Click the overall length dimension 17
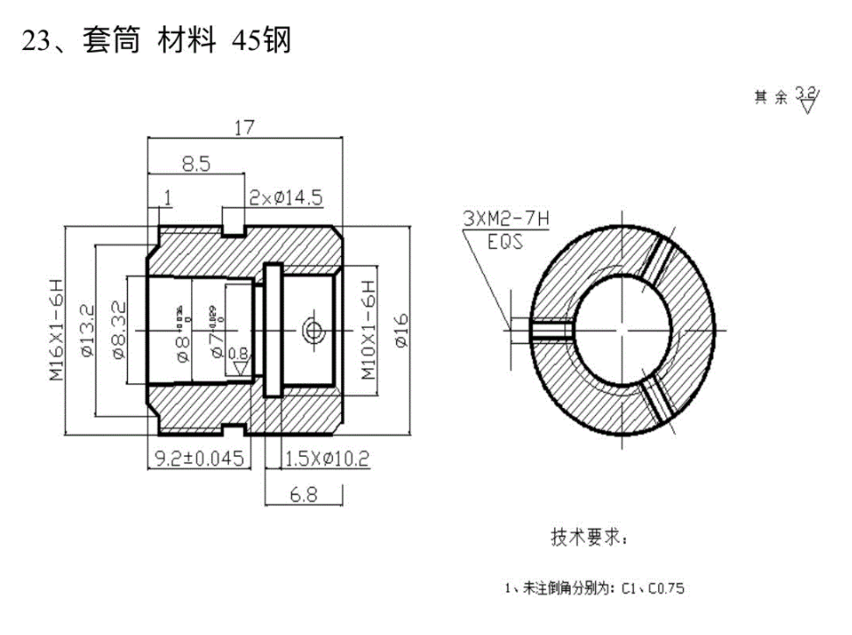tap(244, 128)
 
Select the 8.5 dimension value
tap(195, 163)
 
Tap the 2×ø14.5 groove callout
tap(285, 197)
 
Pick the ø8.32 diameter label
tap(119, 330)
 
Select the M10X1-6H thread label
tap(369, 330)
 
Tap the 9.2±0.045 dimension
tap(198, 459)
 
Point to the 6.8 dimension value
tap(303, 496)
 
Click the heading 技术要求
tap(588, 537)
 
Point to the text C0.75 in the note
tap(664, 588)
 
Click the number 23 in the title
tap(36, 41)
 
